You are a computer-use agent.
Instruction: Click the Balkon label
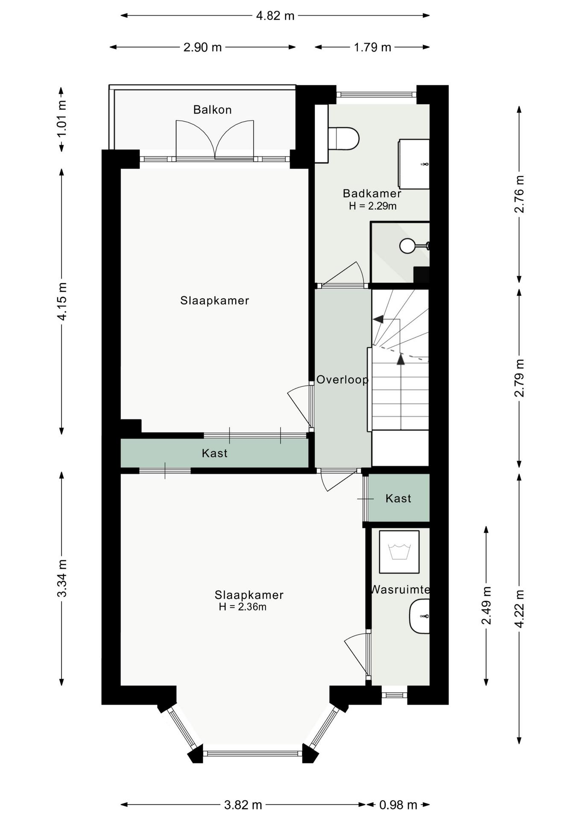click(212, 110)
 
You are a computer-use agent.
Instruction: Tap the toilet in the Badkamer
click(343, 138)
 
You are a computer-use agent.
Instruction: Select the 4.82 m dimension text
click(275, 16)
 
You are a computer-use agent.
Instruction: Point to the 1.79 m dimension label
click(372, 47)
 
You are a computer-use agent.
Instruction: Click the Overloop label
click(343, 379)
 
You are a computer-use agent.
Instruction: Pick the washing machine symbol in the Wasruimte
click(399, 552)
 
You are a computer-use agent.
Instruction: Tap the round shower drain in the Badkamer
click(407, 246)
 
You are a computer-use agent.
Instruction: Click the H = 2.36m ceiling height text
click(243, 607)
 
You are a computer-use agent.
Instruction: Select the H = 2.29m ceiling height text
click(372, 206)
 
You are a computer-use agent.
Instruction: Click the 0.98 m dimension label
click(398, 805)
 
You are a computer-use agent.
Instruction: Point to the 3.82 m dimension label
click(243, 805)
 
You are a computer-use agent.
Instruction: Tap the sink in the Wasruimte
click(419, 616)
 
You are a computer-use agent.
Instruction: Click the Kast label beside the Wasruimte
click(398, 498)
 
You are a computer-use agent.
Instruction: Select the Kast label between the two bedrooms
click(214, 453)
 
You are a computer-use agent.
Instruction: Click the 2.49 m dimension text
click(486, 605)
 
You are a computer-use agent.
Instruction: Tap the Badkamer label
click(372, 193)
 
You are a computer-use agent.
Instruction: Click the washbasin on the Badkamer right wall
click(414, 164)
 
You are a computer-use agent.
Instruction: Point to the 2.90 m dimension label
click(202, 47)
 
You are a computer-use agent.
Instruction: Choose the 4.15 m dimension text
click(62, 302)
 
